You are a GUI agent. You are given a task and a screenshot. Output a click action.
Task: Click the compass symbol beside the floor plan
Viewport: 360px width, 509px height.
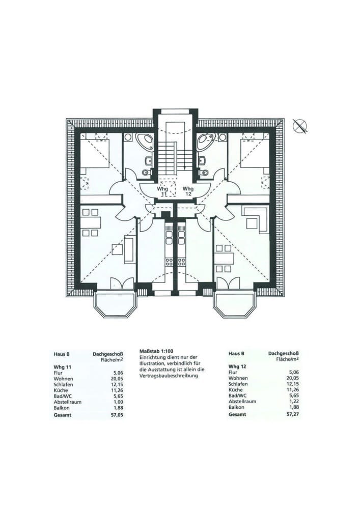click(x=301, y=126)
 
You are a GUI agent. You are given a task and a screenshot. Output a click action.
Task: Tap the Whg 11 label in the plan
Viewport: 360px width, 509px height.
click(x=162, y=191)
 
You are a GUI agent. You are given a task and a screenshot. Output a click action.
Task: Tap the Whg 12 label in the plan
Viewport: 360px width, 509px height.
click(x=188, y=191)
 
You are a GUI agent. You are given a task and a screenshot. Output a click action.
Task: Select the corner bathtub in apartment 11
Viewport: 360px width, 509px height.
click(x=145, y=141)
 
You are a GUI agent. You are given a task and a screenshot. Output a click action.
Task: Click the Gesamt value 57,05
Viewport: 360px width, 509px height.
click(x=117, y=415)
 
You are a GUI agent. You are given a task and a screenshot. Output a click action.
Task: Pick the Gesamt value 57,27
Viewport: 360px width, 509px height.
click(x=292, y=414)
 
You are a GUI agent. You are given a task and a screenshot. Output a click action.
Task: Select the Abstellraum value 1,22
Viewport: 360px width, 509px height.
click(x=293, y=401)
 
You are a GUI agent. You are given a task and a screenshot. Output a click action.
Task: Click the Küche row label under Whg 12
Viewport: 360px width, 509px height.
click(x=236, y=389)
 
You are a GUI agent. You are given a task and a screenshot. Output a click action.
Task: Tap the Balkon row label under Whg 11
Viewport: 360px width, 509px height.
click(x=62, y=408)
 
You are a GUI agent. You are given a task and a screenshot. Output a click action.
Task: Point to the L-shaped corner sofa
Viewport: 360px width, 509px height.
click(x=256, y=219)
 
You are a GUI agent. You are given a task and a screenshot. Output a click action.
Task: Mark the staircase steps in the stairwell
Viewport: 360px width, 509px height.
click(x=168, y=159)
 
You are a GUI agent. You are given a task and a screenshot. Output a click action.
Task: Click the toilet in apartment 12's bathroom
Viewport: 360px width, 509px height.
click(x=204, y=173)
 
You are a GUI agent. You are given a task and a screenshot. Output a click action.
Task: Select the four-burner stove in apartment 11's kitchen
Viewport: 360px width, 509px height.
click(x=170, y=262)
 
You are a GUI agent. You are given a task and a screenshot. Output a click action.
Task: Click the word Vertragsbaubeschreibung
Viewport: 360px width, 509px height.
click(x=169, y=376)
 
